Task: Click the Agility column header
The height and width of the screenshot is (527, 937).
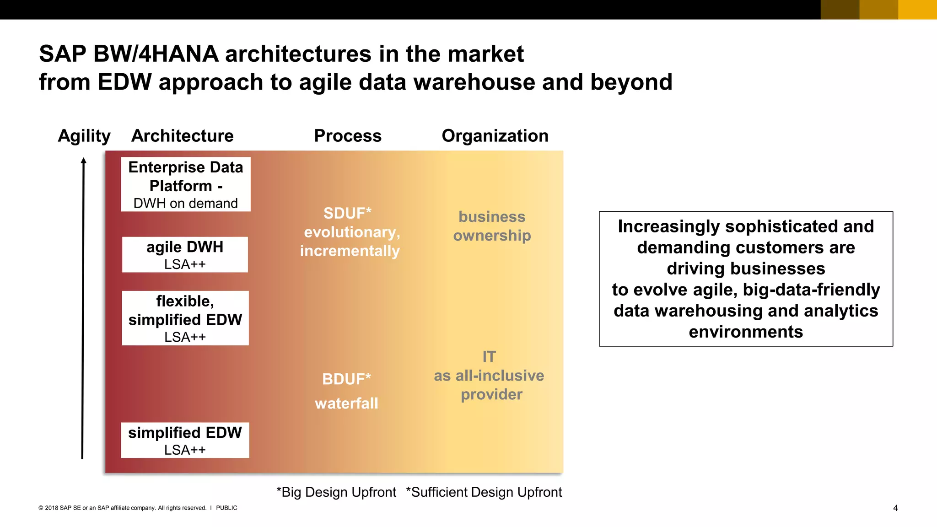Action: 84,136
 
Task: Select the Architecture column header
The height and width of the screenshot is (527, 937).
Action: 182,136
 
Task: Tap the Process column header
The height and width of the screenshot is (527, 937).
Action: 348,136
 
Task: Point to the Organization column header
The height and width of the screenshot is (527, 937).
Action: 495,136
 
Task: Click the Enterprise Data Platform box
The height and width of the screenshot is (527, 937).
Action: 186,184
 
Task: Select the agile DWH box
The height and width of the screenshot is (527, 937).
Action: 185,255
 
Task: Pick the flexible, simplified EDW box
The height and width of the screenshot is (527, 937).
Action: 185,318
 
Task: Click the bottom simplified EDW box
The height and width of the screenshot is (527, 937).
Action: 185,440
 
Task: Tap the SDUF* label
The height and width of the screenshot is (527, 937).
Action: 347,213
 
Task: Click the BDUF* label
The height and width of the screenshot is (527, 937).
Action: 346,379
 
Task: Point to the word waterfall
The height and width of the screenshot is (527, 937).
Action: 346,403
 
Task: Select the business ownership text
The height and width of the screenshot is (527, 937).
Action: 492,226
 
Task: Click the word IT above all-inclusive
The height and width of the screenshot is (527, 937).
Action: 489,357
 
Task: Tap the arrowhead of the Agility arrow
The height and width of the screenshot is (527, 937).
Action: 83,161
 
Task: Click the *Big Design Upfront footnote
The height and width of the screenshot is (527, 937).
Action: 336,492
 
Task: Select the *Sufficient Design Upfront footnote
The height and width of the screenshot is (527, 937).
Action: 484,492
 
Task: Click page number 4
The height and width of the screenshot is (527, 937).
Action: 895,508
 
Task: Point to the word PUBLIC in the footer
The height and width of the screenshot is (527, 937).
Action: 226,508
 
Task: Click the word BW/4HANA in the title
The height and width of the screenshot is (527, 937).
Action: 156,54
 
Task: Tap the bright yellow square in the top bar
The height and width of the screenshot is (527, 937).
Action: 917,10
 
